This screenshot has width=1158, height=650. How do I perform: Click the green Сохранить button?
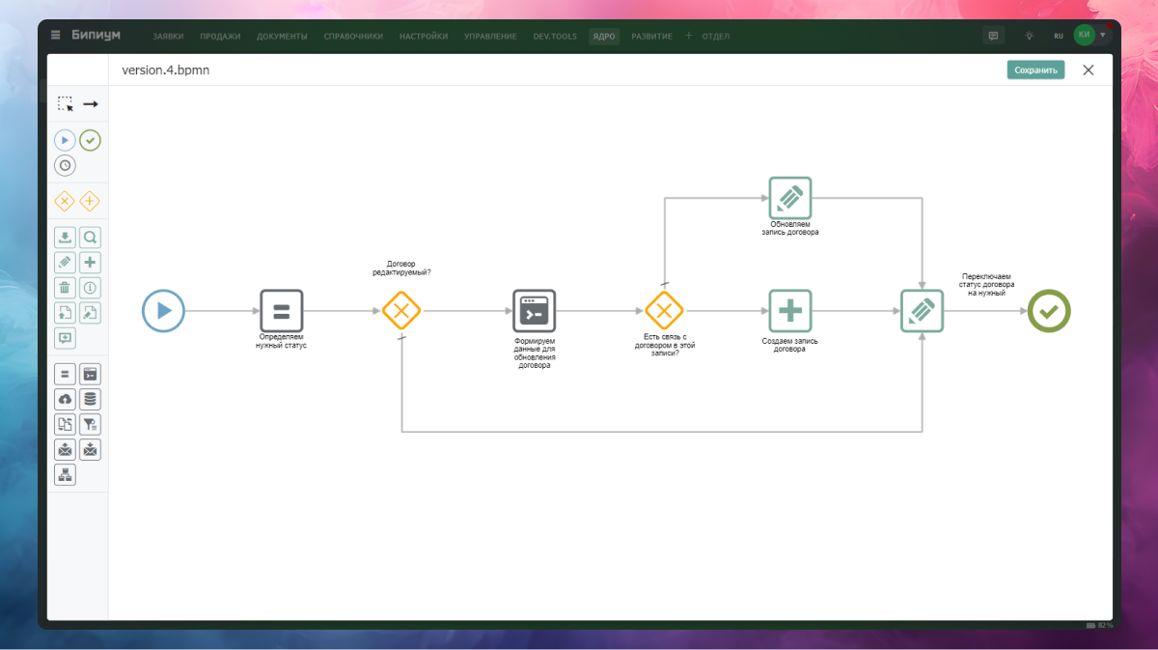pyautogui.click(x=1035, y=70)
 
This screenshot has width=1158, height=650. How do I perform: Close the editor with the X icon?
pyautogui.click(x=1089, y=70)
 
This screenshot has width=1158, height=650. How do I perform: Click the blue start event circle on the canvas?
pyautogui.click(x=163, y=310)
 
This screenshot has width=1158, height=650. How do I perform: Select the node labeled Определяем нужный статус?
pyautogui.click(x=281, y=310)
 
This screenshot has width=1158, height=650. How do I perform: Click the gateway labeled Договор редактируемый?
pyautogui.click(x=401, y=310)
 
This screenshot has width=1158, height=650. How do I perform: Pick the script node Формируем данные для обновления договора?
pyautogui.click(x=534, y=310)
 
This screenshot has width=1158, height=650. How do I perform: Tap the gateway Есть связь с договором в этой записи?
pyautogui.click(x=664, y=310)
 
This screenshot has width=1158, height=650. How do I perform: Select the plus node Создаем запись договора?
pyautogui.click(x=790, y=310)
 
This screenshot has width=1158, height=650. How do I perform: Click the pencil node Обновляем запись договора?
pyautogui.click(x=790, y=198)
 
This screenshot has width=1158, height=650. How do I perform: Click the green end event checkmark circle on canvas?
pyautogui.click(x=1049, y=310)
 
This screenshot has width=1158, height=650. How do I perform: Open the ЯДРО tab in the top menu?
pyautogui.click(x=604, y=37)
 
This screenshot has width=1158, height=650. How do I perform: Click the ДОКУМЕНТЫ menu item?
pyautogui.click(x=282, y=37)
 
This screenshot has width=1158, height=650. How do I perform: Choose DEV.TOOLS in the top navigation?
pyautogui.click(x=555, y=37)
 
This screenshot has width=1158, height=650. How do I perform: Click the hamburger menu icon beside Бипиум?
pyautogui.click(x=55, y=35)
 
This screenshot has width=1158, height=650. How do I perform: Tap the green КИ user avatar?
pyautogui.click(x=1084, y=35)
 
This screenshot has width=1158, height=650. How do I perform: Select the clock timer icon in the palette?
pyautogui.click(x=65, y=165)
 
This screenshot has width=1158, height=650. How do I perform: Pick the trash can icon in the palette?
pyautogui.click(x=65, y=288)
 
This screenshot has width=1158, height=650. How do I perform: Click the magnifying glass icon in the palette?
pyautogui.click(x=90, y=238)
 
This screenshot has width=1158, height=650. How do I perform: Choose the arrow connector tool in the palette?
pyautogui.click(x=91, y=104)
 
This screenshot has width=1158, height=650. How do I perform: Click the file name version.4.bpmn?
pyautogui.click(x=165, y=70)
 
